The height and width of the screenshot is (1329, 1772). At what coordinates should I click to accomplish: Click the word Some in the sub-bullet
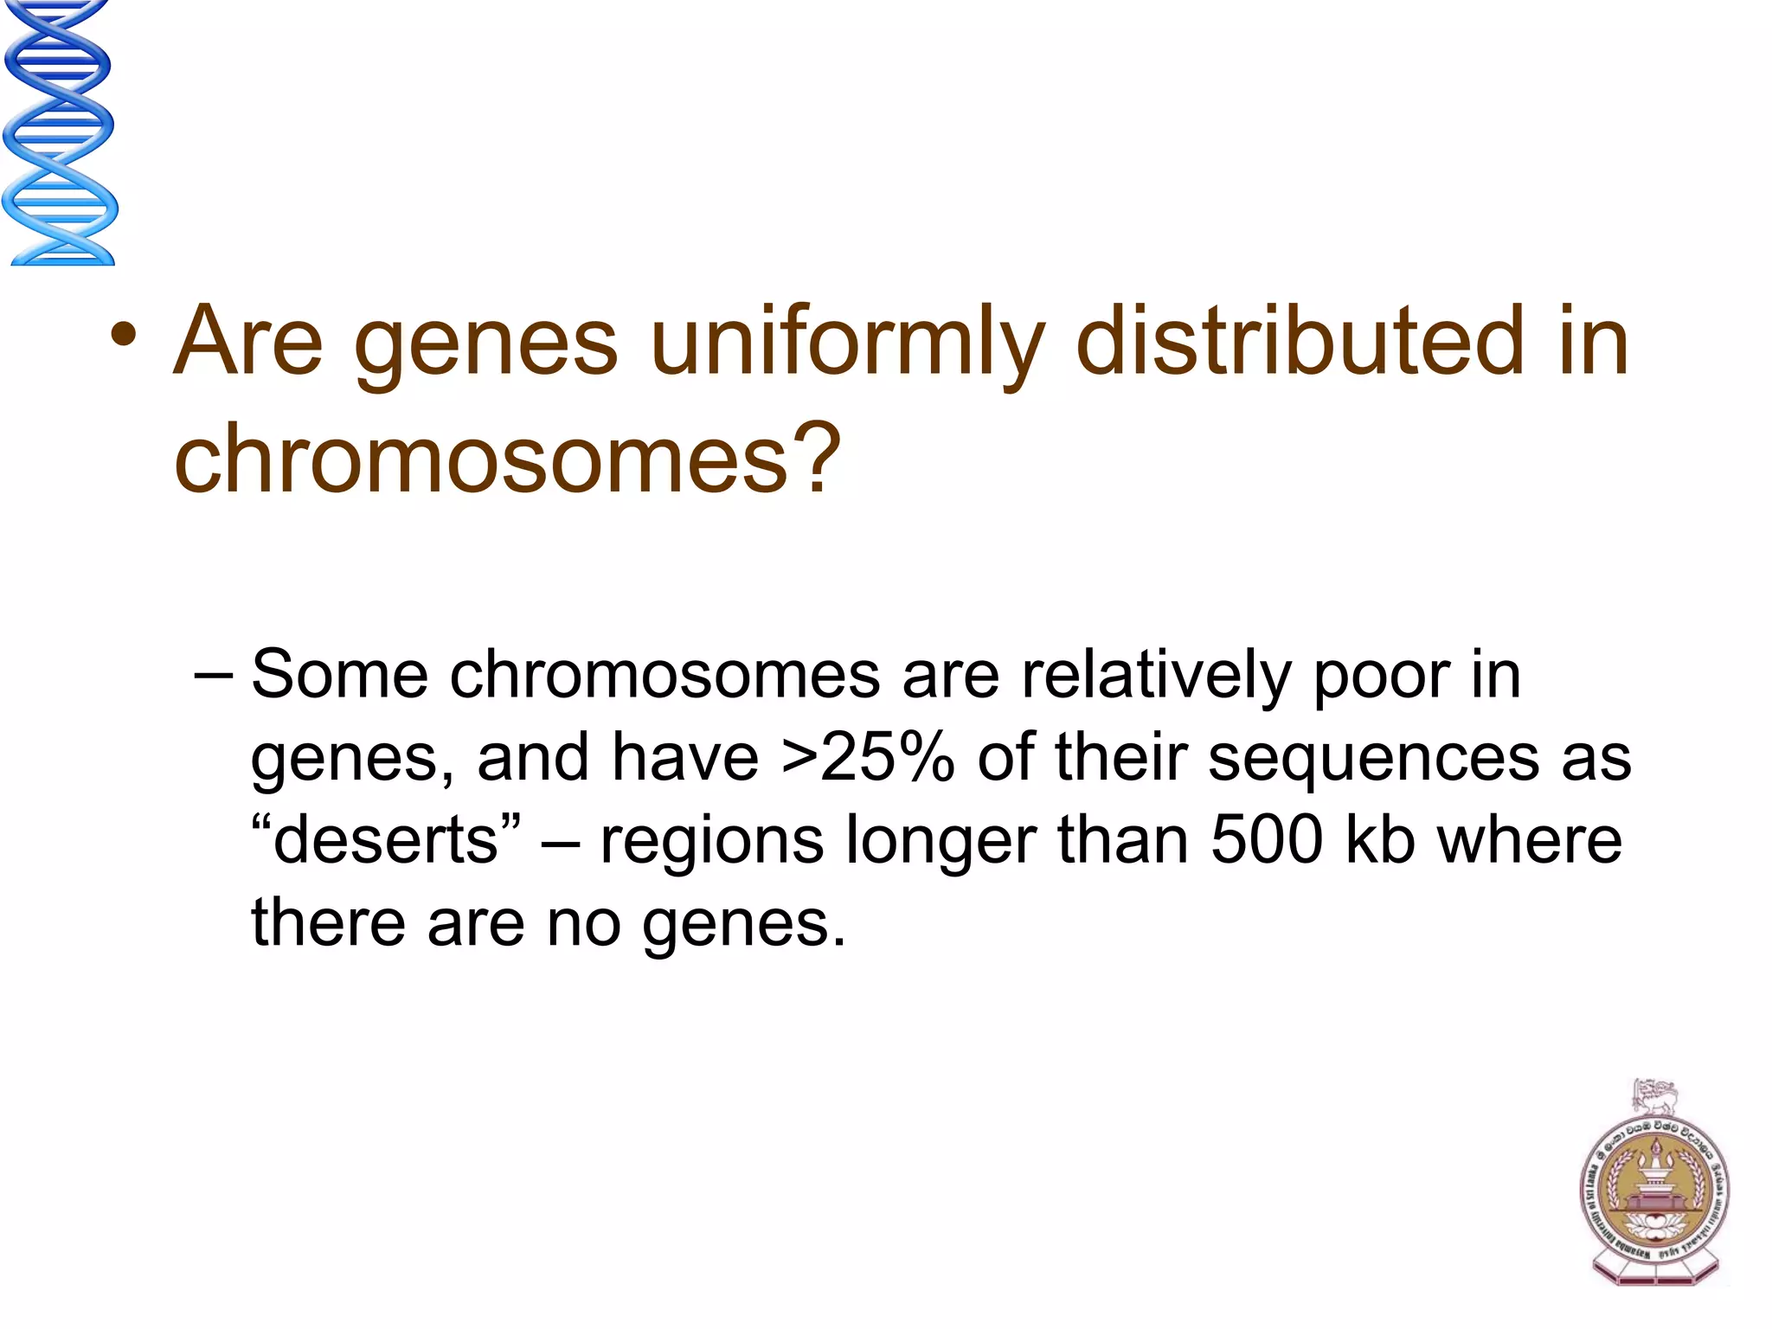coord(339,675)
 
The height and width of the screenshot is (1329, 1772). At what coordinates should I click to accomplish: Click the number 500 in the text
coord(1267,840)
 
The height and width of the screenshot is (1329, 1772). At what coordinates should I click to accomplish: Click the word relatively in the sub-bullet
coord(1155,675)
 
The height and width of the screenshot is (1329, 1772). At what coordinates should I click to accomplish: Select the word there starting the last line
coord(328,923)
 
